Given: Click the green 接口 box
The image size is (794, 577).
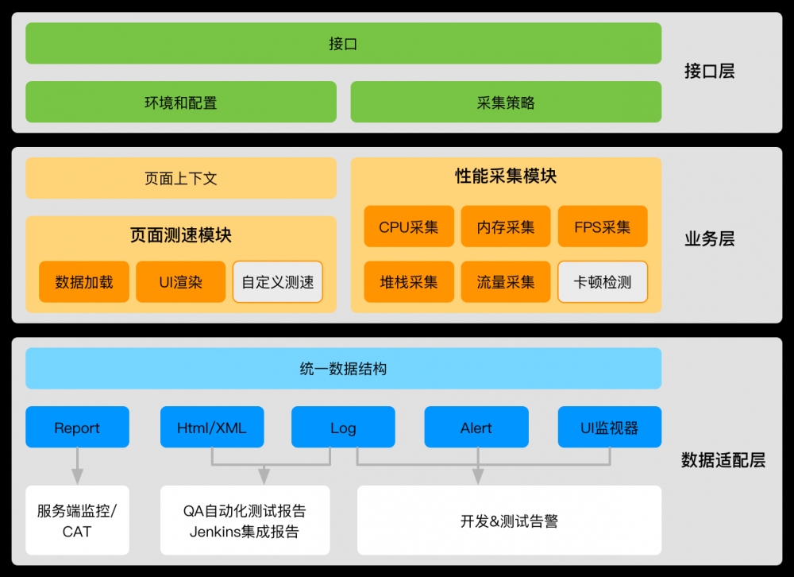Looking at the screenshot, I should pyautogui.click(x=343, y=44).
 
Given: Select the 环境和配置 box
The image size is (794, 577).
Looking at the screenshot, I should pyautogui.click(x=180, y=102).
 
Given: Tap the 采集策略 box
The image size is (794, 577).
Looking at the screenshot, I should pyautogui.click(x=506, y=102).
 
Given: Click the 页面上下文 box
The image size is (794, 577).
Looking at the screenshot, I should pyautogui.click(x=180, y=178).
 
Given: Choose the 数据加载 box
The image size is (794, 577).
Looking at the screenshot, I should pyautogui.click(x=83, y=282).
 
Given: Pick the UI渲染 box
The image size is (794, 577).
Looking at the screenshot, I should pyautogui.click(x=180, y=282).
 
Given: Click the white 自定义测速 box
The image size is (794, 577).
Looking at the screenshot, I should pyautogui.click(x=278, y=282).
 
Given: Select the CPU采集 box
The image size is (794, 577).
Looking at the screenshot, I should pyautogui.click(x=409, y=227).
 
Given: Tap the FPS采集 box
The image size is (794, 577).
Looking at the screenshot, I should pyautogui.click(x=603, y=227).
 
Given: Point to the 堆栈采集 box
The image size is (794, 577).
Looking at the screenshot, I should pyautogui.click(x=409, y=282).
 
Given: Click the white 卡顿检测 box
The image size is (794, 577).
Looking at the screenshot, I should pyautogui.click(x=603, y=282).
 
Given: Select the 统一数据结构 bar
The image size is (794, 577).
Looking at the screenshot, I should pyautogui.click(x=343, y=369).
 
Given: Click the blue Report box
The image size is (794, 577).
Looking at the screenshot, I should pyautogui.click(x=77, y=428).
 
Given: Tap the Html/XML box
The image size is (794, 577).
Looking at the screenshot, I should pyautogui.click(x=212, y=428).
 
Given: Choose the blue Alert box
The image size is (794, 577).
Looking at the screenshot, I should pyautogui.click(x=476, y=428).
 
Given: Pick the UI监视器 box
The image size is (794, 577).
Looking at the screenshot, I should pyautogui.click(x=609, y=428).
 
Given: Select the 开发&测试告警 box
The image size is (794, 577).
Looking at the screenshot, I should pyautogui.click(x=509, y=521).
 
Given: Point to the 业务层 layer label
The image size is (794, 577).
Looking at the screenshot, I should pyautogui.click(x=709, y=238).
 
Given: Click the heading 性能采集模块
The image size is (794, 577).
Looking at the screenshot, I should pyautogui.click(x=506, y=176).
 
